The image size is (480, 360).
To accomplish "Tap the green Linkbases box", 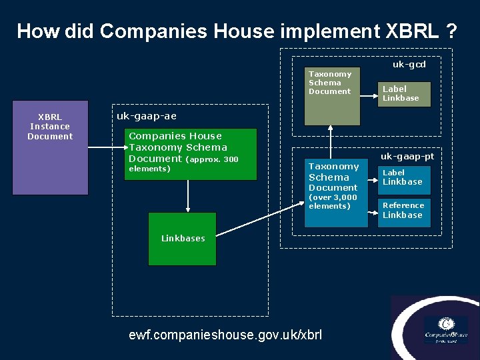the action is [x=182, y=239].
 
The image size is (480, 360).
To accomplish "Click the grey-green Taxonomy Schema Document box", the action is [x=332, y=96].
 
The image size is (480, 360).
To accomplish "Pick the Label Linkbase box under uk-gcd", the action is [x=404, y=93].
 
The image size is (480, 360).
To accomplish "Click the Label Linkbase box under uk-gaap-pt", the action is [x=404, y=177].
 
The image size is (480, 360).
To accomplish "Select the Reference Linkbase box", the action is [x=404, y=211].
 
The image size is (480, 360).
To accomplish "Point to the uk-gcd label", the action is [x=409, y=65].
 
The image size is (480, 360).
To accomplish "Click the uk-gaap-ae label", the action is [x=147, y=116].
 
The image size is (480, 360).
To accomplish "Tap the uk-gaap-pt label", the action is [x=407, y=156].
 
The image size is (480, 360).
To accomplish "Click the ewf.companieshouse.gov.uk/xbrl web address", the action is [x=225, y=334].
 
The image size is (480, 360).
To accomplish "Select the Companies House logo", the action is [x=445, y=328].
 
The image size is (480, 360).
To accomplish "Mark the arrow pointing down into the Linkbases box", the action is [x=189, y=196].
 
